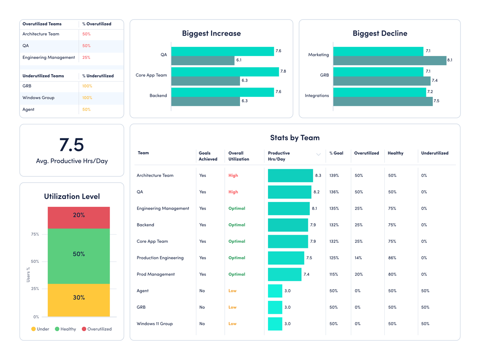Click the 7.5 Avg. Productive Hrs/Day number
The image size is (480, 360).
pyautogui.click(x=72, y=145)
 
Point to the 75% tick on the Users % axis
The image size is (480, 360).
pyautogui.click(x=35, y=234)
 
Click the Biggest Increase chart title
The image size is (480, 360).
pyautogui.click(x=211, y=33)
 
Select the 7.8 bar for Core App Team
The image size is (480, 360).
pyautogui.click(x=225, y=72)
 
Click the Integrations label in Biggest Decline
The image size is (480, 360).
pyautogui.click(x=316, y=96)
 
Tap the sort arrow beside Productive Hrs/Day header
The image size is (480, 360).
pyautogui.click(x=318, y=154)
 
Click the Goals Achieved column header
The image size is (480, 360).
pyautogui.click(x=208, y=156)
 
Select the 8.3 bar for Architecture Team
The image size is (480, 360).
pyautogui.click(x=290, y=176)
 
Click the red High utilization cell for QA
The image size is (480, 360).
pyautogui.click(x=233, y=192)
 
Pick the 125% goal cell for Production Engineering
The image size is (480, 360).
pyautogui.click(x=334, y=258)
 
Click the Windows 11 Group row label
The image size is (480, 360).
pyautogui.click(x=154, y=324)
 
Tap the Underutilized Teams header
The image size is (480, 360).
pyautogui.click(x=43, y=76)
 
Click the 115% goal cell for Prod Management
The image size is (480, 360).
pyautogui.click(x=334, y=274)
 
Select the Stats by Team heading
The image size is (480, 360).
pyautogui.click(x=295, y=138)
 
